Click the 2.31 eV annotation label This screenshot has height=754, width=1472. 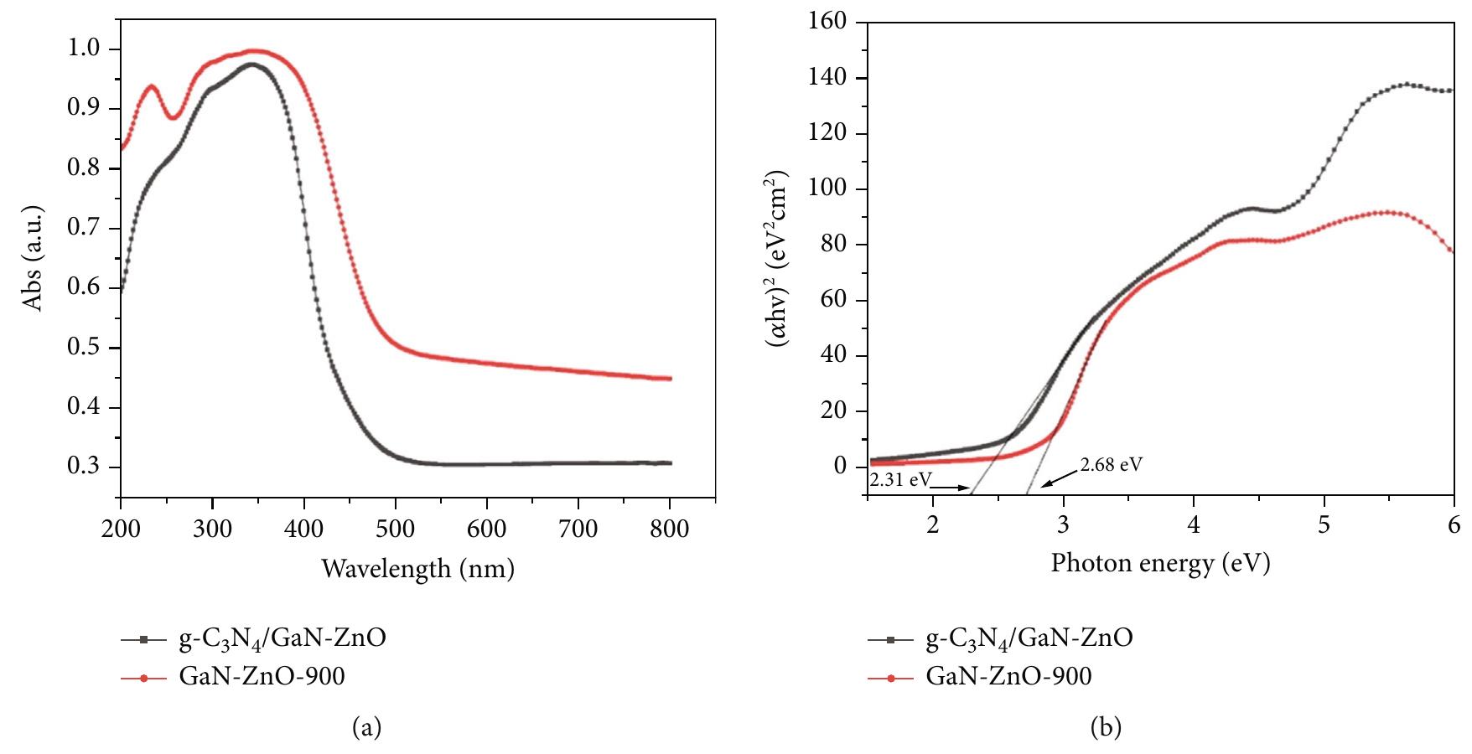pyautogui.click(x=899, y=481)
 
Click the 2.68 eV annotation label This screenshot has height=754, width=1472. pyautogui.click(x=1111, y=464)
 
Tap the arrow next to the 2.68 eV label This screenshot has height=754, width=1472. pyautogui.click(x=1058, y=478)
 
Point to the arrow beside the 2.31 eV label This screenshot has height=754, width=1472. pyautogui.click(x=951, y=486)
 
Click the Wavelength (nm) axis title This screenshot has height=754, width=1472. pyautogui.click(x=417, y=570)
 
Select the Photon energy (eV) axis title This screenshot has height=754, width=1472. pyautogui.click(x=1160, y=563)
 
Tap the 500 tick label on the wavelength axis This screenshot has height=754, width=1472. pyautogui.click(x=396, y=529)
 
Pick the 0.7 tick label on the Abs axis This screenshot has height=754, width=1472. pyautogui.click(x=86, y=229)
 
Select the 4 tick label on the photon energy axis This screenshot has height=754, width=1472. pyautogui.click(x=1194, y=524)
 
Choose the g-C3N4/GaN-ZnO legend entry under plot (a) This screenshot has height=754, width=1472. pyautogui.click(x=282, y=639)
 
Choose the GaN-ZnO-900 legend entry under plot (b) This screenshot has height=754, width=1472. pyautogui.click(x=1008, y=676)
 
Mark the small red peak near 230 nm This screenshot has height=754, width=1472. pyautogui.click(x=151, y=86)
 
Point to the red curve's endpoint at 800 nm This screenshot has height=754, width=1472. pyautogui.click(x=670, y=379)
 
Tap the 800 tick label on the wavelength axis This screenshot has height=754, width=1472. pyautogui.click(x=670, y=529)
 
